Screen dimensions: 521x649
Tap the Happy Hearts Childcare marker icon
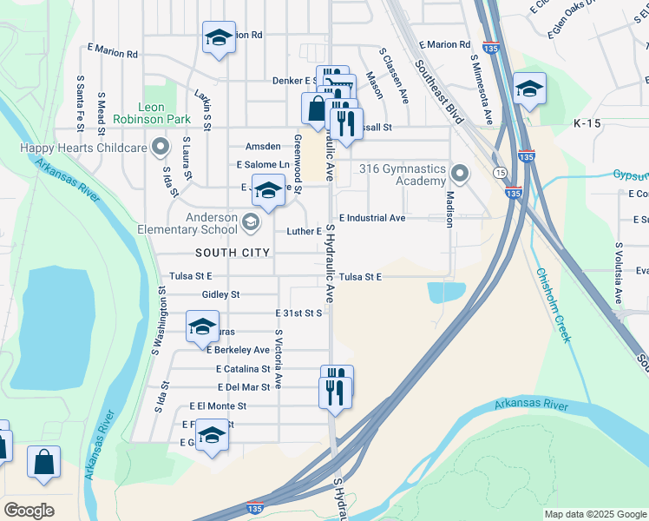pyautogui.click(x=159, y=146)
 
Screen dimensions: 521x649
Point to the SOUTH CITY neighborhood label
pyautogui.click(x=233, y=253)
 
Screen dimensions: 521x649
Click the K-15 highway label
pyautogui.click(x=587, y=124)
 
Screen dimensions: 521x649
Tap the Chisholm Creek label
pyautogui.click(x=553, y=304)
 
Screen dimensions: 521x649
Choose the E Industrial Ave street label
pyautogui.click(x=372, y=218)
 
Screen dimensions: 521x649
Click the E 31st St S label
pyautogui.click(x=298, y=313)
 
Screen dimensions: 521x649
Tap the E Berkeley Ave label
pyautogui.click(x=238, y=350)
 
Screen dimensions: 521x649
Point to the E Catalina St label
pyautogui.click(x=244, y=369)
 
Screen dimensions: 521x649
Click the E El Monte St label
pyautogui.click(x=218, y=406)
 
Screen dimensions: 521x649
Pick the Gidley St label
pyautogui.click(x=220, y=294)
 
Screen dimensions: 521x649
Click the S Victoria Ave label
pyautogui.click(x=279, y=359)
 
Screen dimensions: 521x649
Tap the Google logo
pyautogui.click(x=29, y=511)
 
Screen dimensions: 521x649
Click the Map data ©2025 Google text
pyautogui.click(x=594, y=514)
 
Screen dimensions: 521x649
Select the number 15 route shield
pyautogui.click(x=501, y=174)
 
